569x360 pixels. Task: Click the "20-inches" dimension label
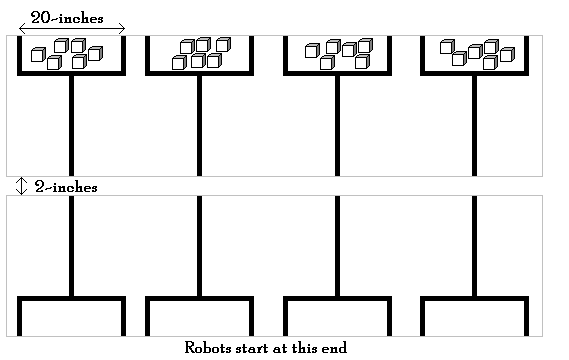(67, 17)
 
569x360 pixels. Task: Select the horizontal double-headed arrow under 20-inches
(72, 29)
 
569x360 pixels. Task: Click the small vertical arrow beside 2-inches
(21, 186)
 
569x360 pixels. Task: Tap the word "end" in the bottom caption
(333, 348)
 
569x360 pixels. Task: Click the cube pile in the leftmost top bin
(67, 54)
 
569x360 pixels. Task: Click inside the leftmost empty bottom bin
(71, 318)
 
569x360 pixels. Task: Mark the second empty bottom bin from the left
(199, 318)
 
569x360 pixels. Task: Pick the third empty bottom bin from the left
(337, 318)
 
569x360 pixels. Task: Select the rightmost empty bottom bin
(474, 318)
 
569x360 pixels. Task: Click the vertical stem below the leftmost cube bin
(71, 125)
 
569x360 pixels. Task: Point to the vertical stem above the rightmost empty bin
(474, 245)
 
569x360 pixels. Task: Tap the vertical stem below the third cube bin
(337, 125)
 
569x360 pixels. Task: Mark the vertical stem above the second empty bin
(199, 245)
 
